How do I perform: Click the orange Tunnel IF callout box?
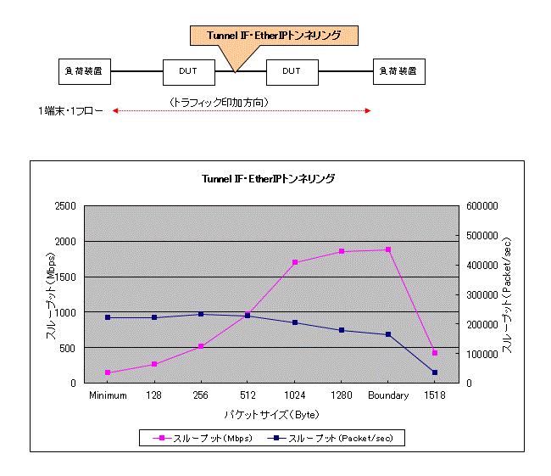pyautogui.click(x=273, y=35)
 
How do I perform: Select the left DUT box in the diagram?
pyautogui.click(x=188, y=71)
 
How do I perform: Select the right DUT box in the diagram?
pyautogui.click(x=292, y=71)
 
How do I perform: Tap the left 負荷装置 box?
pyautogui.click(x=85, y=71)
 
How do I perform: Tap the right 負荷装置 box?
pyautogui.click(x=399, y=71)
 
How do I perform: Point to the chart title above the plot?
pyautogui.click(x=268, y=179)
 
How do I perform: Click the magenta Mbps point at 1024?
pyautogui.click(x=295, y=262)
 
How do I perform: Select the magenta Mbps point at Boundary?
pyautogui.click(x=388, y=249)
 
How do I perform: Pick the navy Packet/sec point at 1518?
pyautogui.click(x=435, y=372)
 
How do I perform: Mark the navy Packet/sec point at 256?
pyautogui.click(x=201, y=314)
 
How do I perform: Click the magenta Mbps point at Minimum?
pyautogui.click(x=108, y=372)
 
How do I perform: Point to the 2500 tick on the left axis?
pyautogui.click(x=64, y=206)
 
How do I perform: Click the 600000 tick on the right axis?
pyautogui.click(x=482, y=206)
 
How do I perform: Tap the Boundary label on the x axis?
pyautogui.click(x=388, y=395)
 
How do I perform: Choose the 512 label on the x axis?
pyautogui.click(x=248, y=395)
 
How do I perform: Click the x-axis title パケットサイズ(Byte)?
pyautogui.click(x=270, y=415)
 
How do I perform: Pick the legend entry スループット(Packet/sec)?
pyautogui.click(x=339, y=439)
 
